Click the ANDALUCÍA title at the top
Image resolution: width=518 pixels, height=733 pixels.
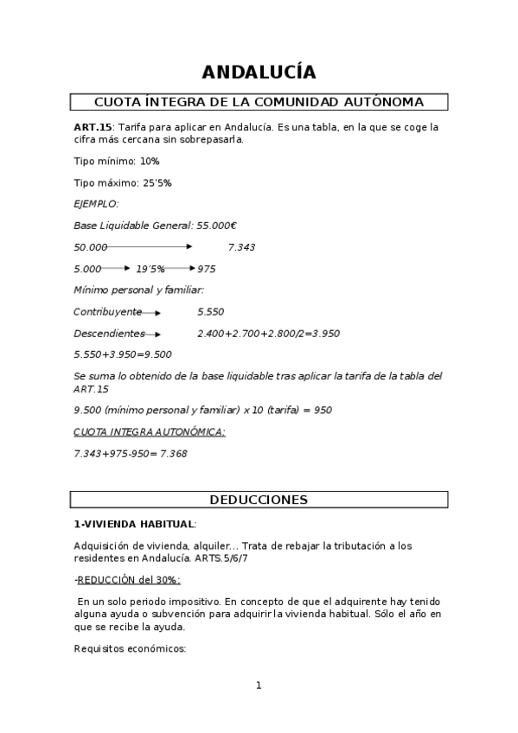tap(259, 72)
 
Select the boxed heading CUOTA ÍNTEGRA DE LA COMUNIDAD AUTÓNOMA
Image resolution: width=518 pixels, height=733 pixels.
tap(259, 102)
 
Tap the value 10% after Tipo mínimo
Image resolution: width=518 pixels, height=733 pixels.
tap(150, 161)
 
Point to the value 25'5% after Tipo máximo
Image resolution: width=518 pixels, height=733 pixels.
tap(157, 182)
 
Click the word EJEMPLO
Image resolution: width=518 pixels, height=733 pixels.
tap(96, 204)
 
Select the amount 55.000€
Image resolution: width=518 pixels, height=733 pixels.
tap(217, 226)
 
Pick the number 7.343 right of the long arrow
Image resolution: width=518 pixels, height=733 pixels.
tap(241, 247)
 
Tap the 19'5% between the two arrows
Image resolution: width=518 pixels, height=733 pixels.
tap(150, 269)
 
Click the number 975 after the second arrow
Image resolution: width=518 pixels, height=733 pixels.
tap(206, 269)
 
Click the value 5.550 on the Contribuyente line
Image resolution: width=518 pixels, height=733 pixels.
tap(211, 311)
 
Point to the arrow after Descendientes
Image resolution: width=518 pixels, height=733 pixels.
tap(153, 334)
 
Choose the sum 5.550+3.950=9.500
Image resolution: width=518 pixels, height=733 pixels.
tap(123, 354)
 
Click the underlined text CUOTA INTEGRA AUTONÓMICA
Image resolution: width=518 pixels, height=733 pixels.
tap(149, 431)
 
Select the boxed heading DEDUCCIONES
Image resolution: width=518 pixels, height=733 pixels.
tap(259, 500)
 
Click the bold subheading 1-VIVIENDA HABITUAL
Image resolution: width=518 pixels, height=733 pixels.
tap(134, 524)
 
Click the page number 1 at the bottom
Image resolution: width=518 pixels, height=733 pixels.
tap(258, 685)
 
